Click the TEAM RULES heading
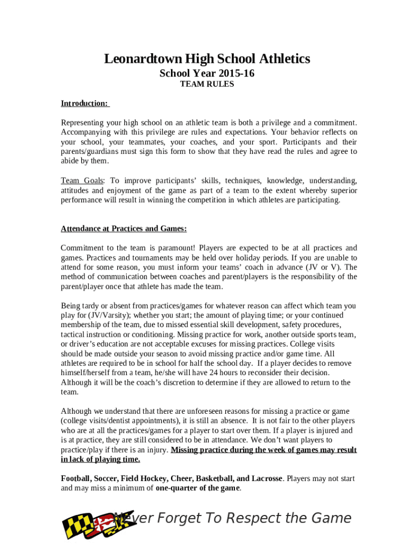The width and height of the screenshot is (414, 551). [x=207, y=84]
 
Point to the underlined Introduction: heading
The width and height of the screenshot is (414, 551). [x=85, y=103]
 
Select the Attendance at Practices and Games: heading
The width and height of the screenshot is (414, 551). [x=124, y=229]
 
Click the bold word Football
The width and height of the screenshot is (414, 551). [x=76, y=478]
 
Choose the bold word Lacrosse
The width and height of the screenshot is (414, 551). [x=265, y=478]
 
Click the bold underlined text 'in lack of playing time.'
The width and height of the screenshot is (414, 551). [x=101, y=459]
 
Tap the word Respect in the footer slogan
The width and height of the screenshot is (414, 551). [x=253, y=518]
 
